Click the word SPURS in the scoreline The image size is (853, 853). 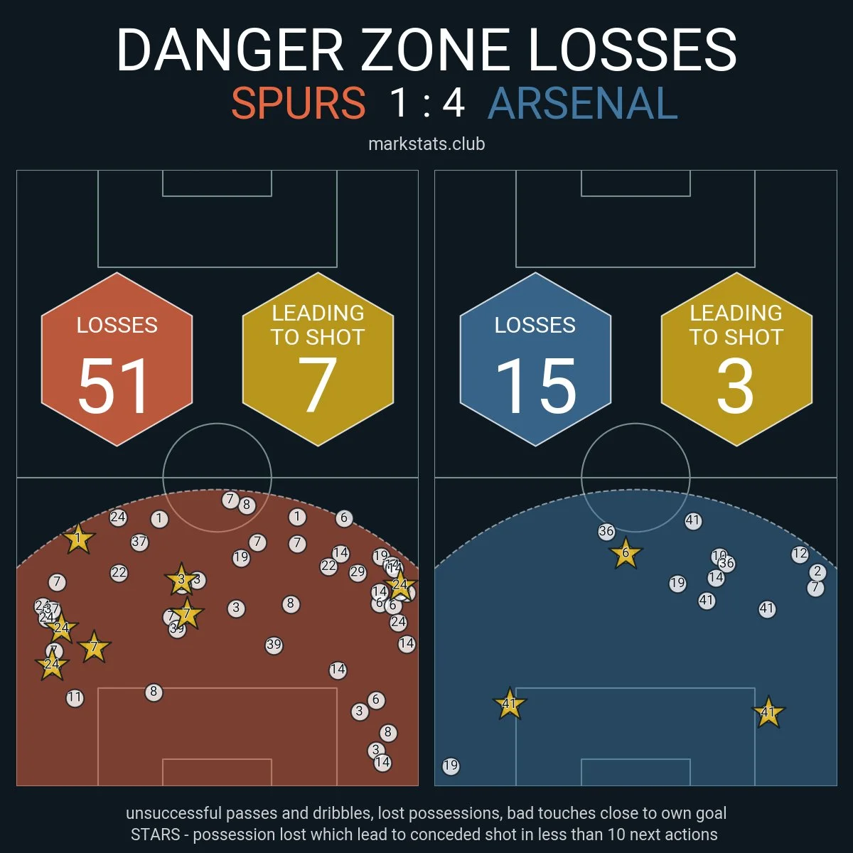(299, 104)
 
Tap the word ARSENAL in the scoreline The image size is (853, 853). (583, 104)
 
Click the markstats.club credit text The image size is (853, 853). (426, 144)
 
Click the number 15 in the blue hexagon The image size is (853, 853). (535, 386)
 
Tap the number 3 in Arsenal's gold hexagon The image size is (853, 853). (735, 386)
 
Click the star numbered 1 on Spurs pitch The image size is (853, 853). (78, 540)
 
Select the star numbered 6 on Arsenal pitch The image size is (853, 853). (626, 553)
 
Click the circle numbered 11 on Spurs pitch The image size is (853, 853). (75, 698)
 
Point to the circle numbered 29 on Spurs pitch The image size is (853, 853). (358, 572)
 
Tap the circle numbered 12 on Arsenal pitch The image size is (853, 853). (800, 554)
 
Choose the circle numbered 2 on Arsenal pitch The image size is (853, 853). (817, 572)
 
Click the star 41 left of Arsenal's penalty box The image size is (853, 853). (510, 704)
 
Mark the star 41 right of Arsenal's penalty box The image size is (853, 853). (768, 712)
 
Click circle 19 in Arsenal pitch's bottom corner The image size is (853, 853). (451, 766)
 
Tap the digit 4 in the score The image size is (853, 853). (454, 104)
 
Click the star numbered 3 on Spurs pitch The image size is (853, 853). (181, 580)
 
